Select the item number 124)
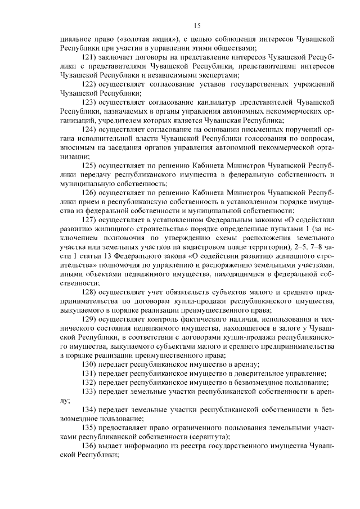point(90,129)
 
